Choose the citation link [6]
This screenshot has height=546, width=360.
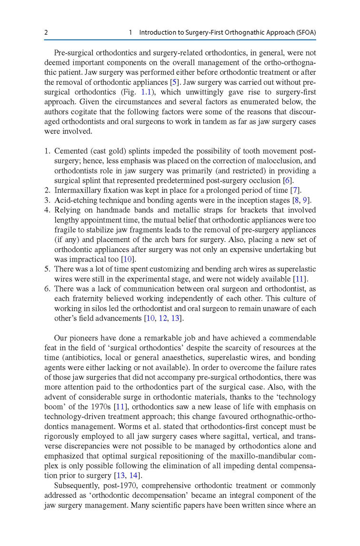(x=288, y=181)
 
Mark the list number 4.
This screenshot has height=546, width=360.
(x=47, y=210)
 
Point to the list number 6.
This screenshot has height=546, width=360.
(x=47, y=289)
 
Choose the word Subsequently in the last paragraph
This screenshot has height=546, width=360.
(x=76, y=485)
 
